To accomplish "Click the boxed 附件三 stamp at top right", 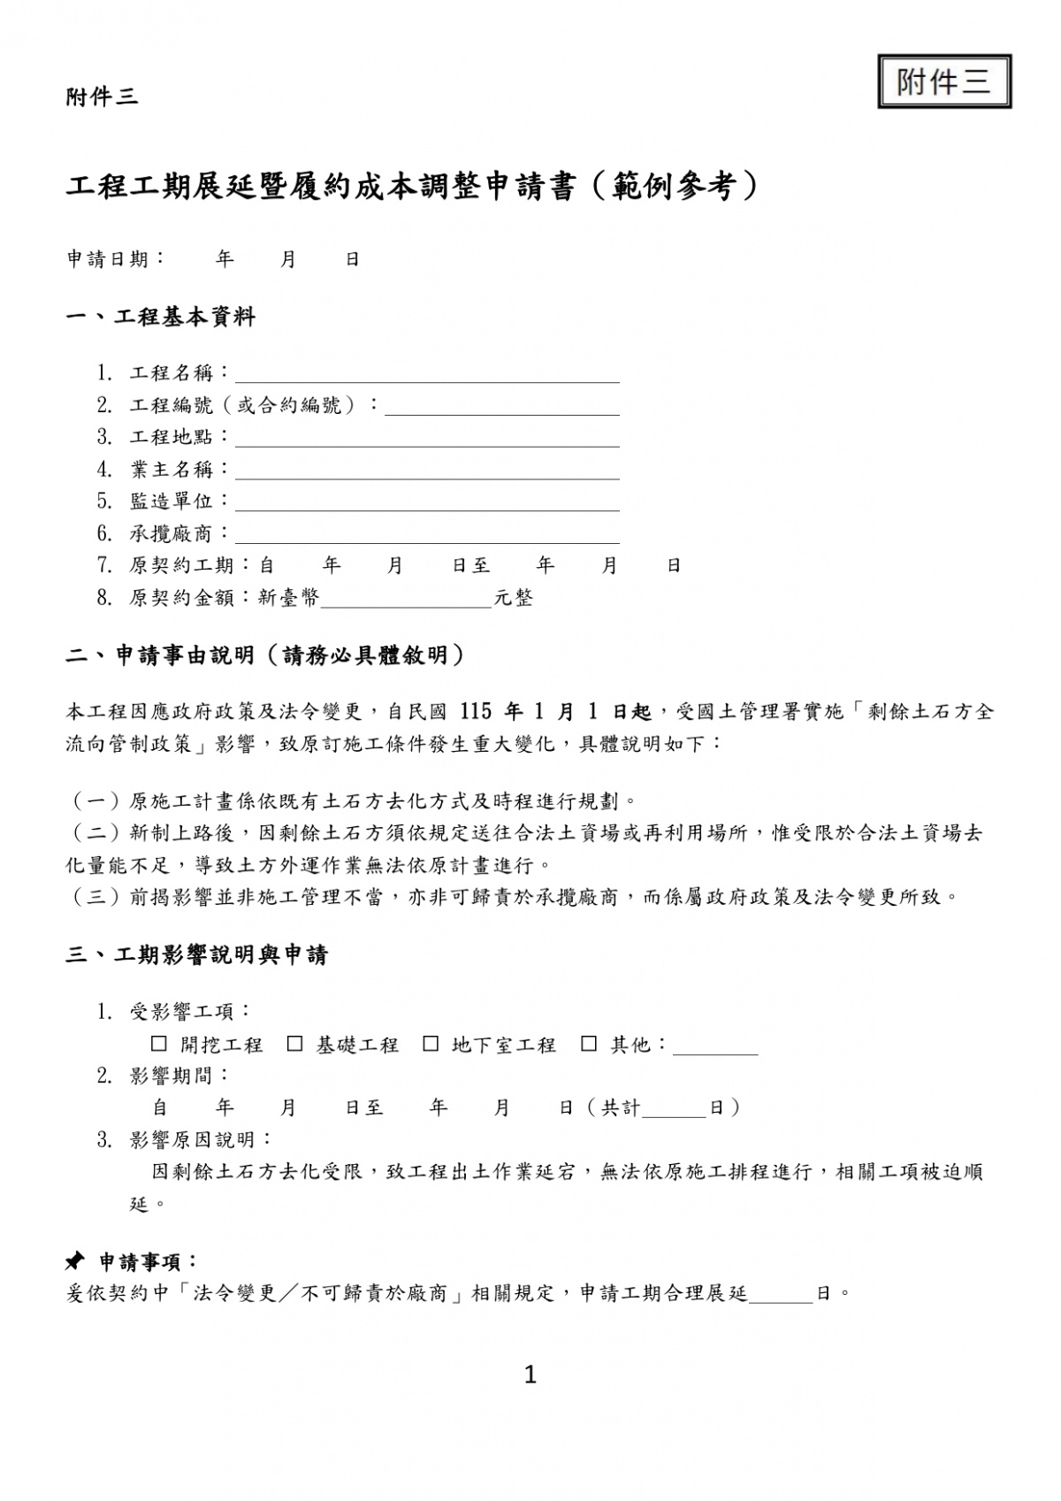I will pos(943,82).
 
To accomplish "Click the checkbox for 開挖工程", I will pos(159,1044).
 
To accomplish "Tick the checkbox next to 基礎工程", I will pos(295,1044).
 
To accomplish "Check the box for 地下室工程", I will pos(431,1044).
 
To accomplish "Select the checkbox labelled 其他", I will pos(589,1044).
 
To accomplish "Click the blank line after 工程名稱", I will pos(427,374).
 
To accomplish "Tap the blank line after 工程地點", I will pos(427,438).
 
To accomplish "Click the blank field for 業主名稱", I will pos(427,470).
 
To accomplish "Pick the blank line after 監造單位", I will pos(427,502).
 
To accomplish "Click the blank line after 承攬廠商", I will pos(427,534).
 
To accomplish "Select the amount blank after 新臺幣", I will pos(406,599).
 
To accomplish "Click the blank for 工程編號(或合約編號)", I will pos(501,406).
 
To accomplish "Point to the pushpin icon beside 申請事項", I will pos(76,1260).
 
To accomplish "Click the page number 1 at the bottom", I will pos(530,1375).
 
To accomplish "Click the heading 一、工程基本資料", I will pos(161,317).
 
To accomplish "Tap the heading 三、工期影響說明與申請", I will pos(196,955).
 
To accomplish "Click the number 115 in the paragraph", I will pos(476,711).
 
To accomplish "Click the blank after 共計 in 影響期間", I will pos(675,1108).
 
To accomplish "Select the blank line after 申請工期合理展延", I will pos(781,1294).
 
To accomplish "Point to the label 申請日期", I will pos(108,259).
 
